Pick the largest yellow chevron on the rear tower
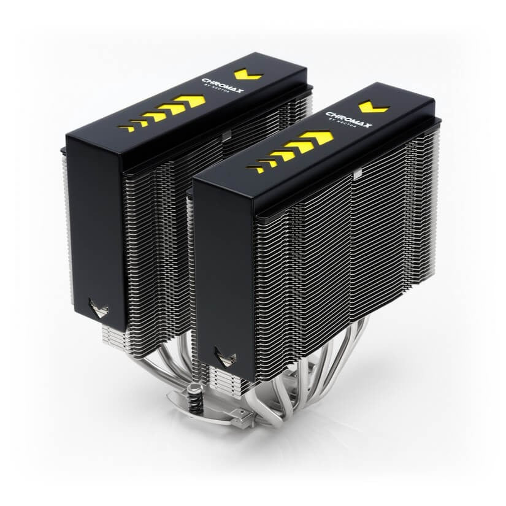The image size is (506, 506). tap(189, 102)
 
